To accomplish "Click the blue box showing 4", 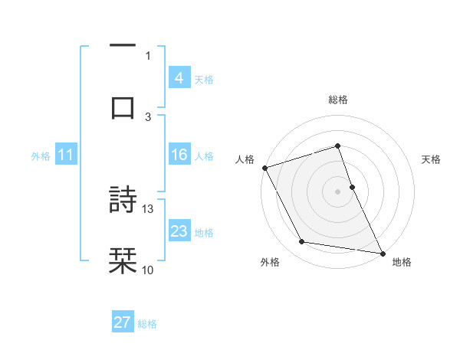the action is click(x=179, y=78).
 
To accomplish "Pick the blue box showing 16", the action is click(x=179, y=155).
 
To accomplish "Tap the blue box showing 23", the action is click(x=179, y=231).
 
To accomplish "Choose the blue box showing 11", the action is click(x=65, y=155).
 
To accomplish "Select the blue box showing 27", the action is click(x=123, y=322).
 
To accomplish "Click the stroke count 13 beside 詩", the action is click(x=148, y=208).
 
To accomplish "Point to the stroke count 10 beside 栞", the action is click(x=148, y=270).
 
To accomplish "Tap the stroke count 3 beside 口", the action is click(x=148, y=116).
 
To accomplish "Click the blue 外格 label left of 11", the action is click(x=41, y=156).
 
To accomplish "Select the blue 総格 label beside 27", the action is click(x=147, y=324).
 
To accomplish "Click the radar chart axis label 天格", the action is click(x=431, y=159).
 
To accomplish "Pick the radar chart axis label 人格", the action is click(x=244, y=159).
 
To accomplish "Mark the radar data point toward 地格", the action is click(x=382, y=252).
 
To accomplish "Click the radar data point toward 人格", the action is click(x=264, y=168).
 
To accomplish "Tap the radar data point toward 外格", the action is click(x=302, y=242).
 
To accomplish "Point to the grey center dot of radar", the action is click(x=337, y=191).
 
